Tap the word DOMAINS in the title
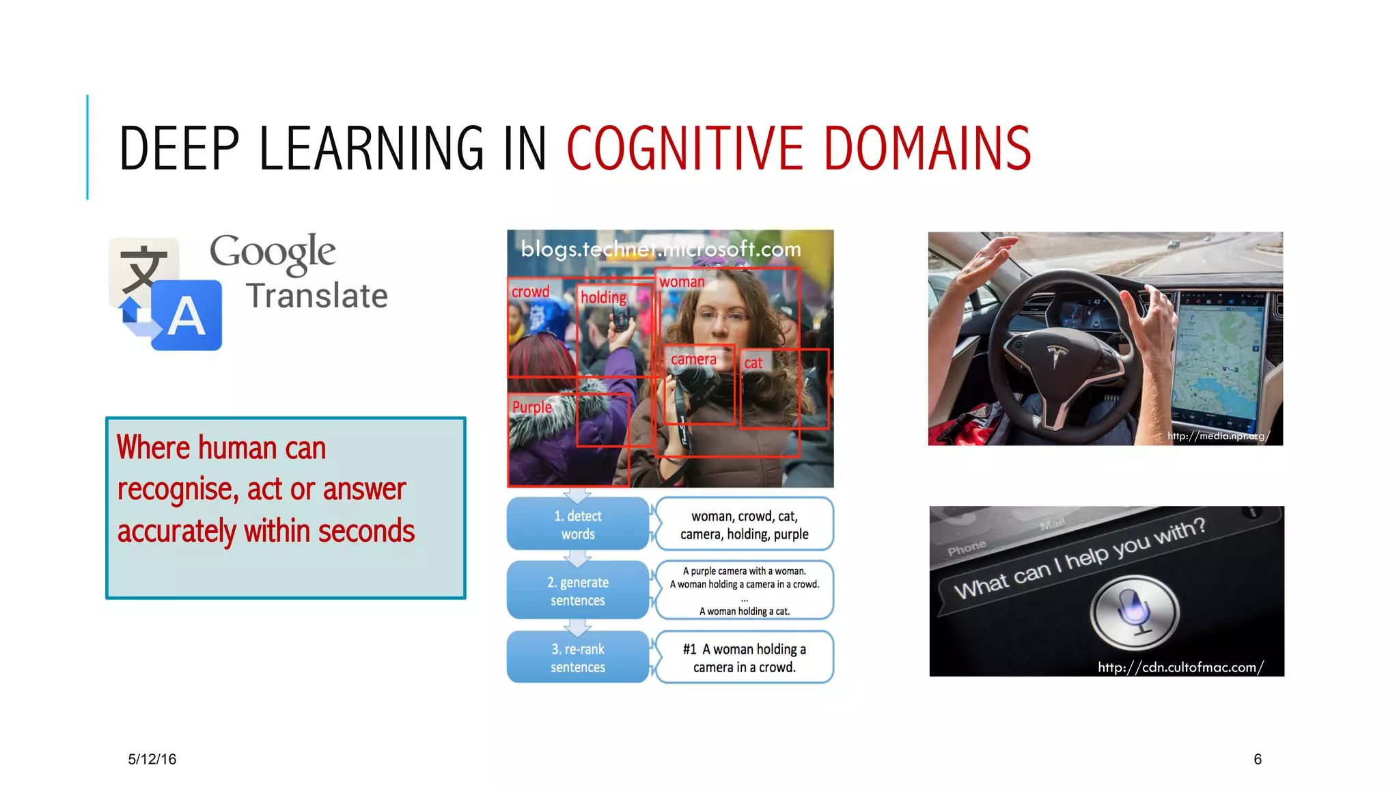pos(927,148)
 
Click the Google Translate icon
pos(166,294)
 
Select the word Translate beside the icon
pos(317,296)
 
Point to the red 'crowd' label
pos(530,292)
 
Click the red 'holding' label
pos(603,297)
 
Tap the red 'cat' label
pos(753,363)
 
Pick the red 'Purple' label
pos(531,407)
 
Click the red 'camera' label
pos(693,359)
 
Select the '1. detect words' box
pos(578,525)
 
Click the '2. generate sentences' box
pos(578,591)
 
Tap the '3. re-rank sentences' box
pos(578,657)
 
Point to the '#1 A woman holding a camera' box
pos(745,657)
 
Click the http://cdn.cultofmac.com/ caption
pos(1180,667)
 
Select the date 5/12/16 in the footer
pos(152,759)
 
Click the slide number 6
pos(1258,759)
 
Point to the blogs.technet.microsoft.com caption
pos(661,249)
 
